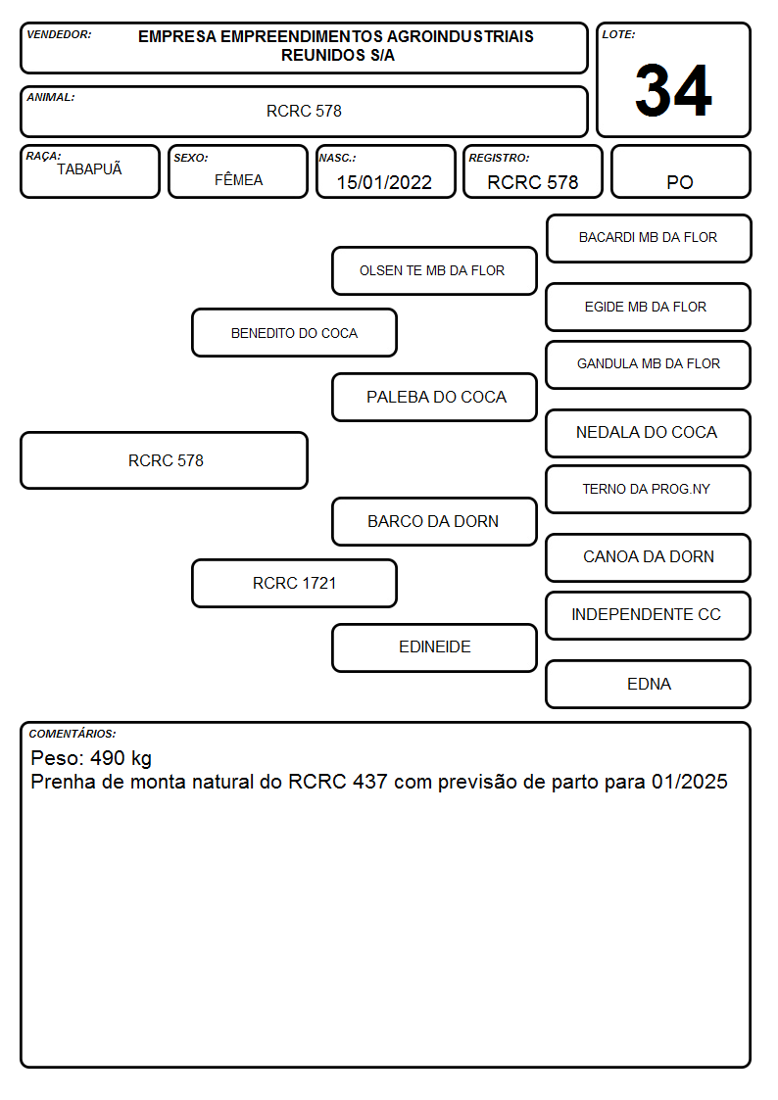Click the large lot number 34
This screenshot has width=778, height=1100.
pos(673,90)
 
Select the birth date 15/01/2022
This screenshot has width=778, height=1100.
pos(384,182)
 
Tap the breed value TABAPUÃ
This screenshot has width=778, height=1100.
pos(89,168)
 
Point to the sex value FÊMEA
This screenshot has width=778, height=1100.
pos(238,179)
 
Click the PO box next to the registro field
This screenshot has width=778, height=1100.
pos(680,171)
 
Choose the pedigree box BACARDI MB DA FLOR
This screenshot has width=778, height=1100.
pos(649,239)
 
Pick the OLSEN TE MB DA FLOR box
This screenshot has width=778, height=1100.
pos(434,270)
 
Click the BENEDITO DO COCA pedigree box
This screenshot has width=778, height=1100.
pos(294,332)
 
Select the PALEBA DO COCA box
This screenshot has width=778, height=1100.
pos(434,397)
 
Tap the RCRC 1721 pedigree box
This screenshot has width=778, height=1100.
pos(294,583)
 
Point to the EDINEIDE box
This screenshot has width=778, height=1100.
pos(434,647)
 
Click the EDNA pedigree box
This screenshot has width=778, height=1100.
pos(649,684)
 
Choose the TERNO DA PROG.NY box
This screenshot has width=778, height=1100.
pos(649,489)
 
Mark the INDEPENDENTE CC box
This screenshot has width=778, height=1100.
pos(649,615)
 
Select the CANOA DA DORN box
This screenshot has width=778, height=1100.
pos(649,557)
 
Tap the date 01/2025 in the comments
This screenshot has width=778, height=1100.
pos(690,782)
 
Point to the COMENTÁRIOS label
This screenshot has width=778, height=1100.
pos(73,734)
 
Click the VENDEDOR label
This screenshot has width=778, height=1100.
pos(59,34)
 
